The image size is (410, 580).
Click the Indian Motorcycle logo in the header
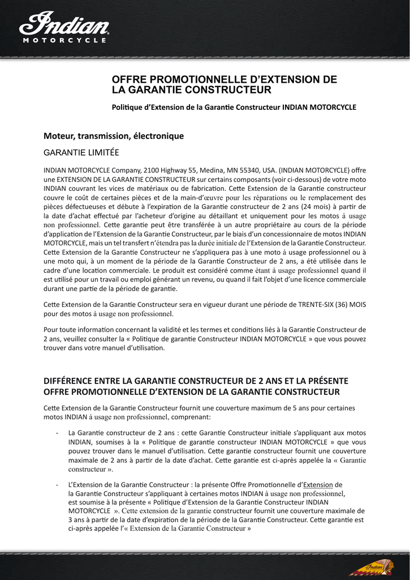[x=64, y=28]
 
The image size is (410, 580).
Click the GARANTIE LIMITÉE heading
[x=81, y=152]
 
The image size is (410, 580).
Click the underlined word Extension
[x=318, y=485]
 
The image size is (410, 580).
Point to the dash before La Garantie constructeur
[x=58, y=433]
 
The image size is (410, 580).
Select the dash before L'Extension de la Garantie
[x=58, y=485]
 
